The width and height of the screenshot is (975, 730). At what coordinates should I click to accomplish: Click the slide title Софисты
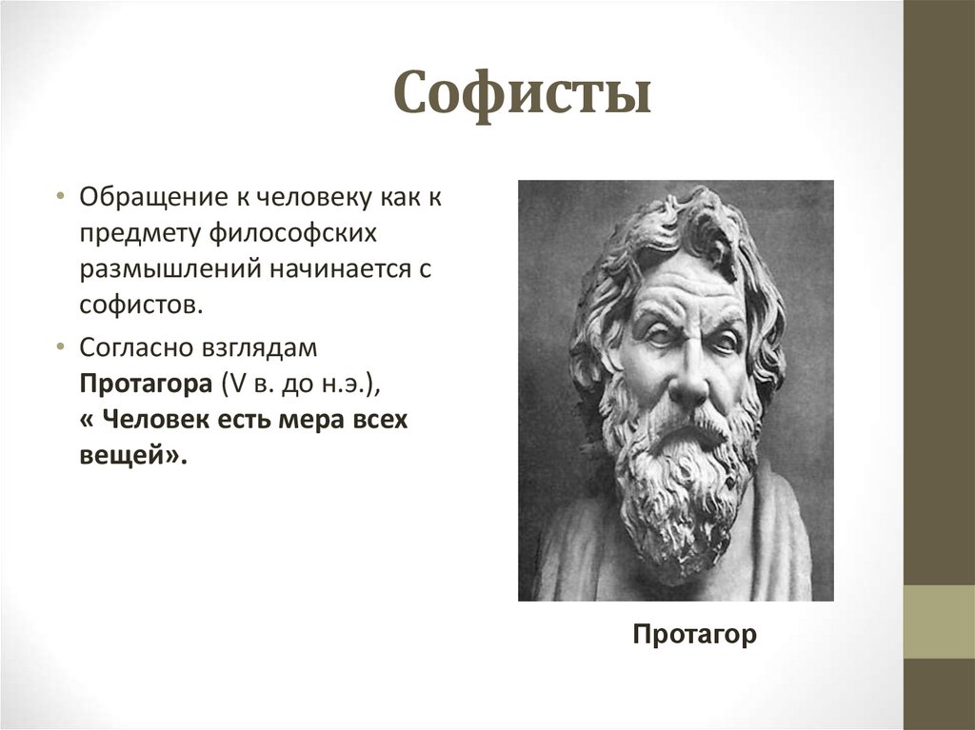pyautogui.click(x=522, y=94)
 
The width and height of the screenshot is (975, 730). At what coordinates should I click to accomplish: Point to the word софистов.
pyautogui.click(x=141, y=306)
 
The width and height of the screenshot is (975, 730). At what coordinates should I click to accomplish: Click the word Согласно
pyautogui.click(x=136, y=348)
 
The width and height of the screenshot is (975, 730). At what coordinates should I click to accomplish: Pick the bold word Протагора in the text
pyautogui.click(x=146, y=385)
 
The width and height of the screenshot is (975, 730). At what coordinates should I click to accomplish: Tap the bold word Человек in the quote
pyautogui.click(x=158, y=420)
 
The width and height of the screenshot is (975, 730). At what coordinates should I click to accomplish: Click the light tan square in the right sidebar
pyautogui.click(x=939, y=621)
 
